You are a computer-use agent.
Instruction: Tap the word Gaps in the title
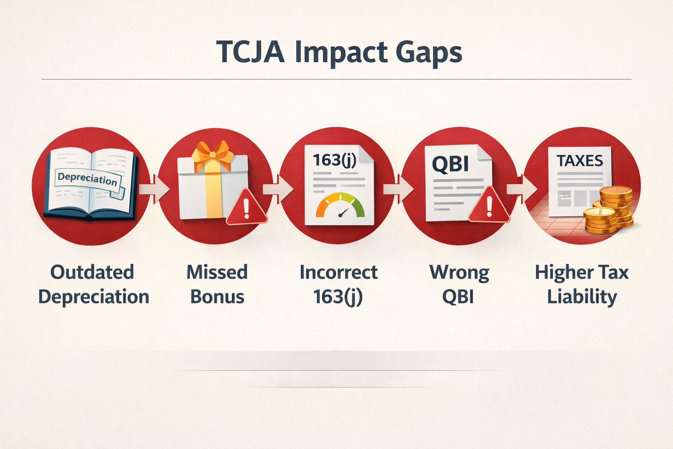click(429, 53)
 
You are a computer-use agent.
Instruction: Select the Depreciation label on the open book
click(88, 178)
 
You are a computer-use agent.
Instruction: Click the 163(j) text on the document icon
click(334, 160)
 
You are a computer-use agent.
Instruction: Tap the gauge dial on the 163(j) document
click(340, 206)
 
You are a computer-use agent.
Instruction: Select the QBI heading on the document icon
click(450, 164)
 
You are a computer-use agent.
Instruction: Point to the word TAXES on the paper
click(580, 161)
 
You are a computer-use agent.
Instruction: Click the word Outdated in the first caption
click(92, 272)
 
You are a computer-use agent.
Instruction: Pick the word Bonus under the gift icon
click(217, 297)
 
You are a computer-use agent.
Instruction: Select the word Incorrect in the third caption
click(338, 272)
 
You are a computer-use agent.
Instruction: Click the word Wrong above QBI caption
click(459, 272)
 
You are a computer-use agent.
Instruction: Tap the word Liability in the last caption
click(582, 297)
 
